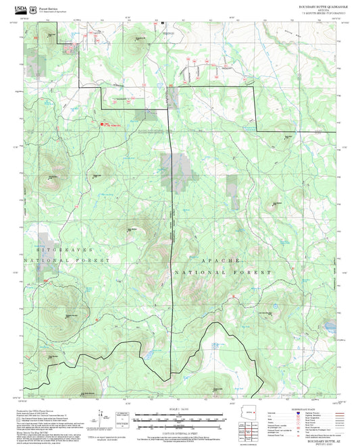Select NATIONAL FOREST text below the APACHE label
click(x=223, y=271)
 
